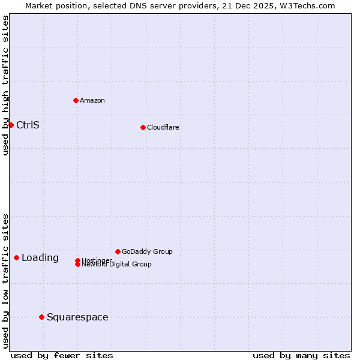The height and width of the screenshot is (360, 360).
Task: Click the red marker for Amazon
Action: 76,100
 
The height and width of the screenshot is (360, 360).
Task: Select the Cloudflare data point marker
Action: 143,127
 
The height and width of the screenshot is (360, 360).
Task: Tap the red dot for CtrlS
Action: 11,125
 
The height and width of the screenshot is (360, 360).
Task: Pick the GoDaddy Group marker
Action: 118,251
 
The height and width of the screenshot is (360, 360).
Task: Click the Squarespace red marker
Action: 41,317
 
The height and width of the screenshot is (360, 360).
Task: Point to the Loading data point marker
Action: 16,257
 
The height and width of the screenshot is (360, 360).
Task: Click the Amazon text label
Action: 92,100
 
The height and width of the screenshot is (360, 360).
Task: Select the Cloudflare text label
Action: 163,127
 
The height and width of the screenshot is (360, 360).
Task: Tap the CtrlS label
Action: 28,125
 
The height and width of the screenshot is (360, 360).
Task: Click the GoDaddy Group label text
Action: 147,251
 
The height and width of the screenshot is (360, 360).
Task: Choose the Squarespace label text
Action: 77,317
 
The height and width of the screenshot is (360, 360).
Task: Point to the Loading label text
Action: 40,258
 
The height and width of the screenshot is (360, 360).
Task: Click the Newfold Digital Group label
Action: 116,264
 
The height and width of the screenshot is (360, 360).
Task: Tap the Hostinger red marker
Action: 78,260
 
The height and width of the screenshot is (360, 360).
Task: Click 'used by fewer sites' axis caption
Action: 62,355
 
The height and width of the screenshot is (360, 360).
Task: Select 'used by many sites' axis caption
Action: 301,355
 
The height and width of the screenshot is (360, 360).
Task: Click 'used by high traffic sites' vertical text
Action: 6,85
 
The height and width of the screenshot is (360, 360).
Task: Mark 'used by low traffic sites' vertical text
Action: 6,280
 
